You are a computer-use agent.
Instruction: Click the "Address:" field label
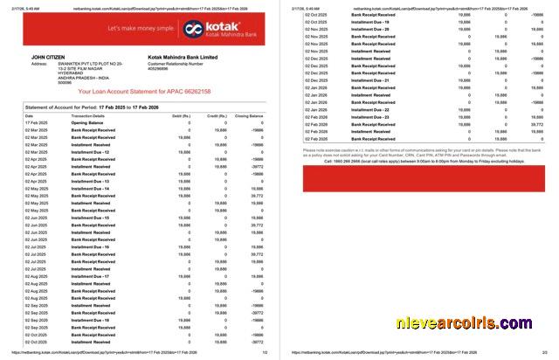40,64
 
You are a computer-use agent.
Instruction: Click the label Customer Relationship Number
180,64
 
